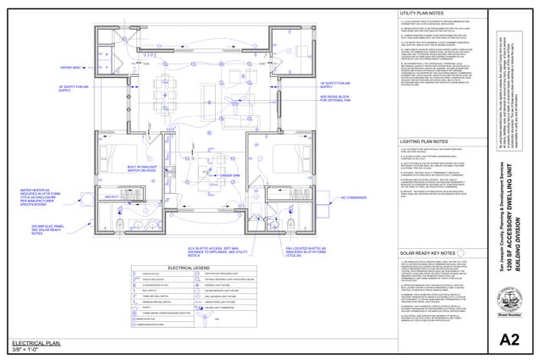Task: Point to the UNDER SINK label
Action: [207, 151]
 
